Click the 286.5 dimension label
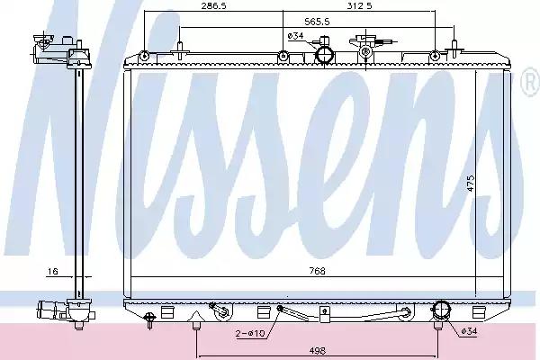(214, 6)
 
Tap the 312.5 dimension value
(359, 6)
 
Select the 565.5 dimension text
(317, 22)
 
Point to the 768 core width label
(317, 271)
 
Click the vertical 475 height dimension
(471, 184)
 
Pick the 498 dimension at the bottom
(317, 351)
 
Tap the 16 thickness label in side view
(52, 272)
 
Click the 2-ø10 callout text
(250, 333)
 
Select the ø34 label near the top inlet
(295, 35)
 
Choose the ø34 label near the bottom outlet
(469, 331)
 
